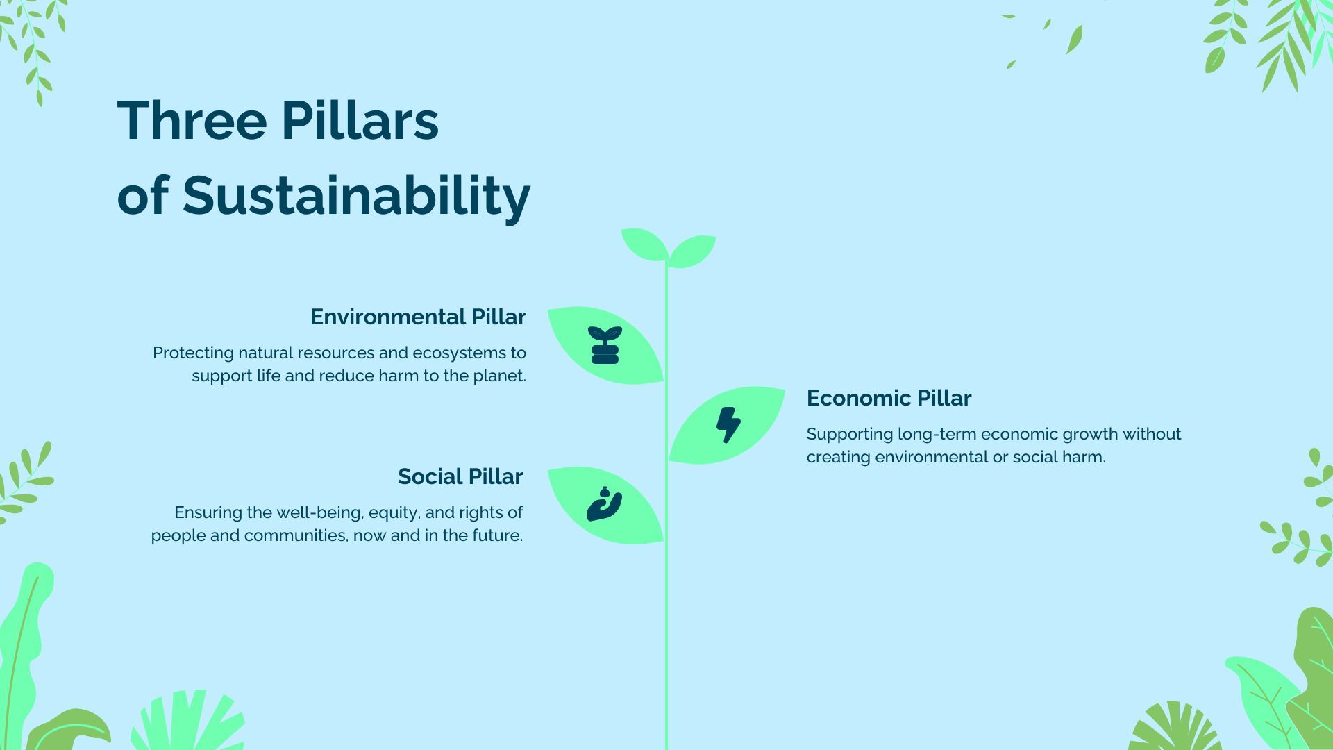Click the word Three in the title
click(192, 121)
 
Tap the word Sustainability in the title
click(356, 196)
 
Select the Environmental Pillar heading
click(418, 317)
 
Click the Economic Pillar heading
click(888, 398)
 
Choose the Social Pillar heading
click(460, 476)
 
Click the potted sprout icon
click(605, 345)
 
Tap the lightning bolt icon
click(728, 424)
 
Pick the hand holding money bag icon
click(604, 505)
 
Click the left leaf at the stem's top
click(643, 244)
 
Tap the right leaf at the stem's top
click(692, 250)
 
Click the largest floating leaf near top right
click(1074, 40)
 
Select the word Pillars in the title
click(359, 121)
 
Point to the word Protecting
click(193, 353)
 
